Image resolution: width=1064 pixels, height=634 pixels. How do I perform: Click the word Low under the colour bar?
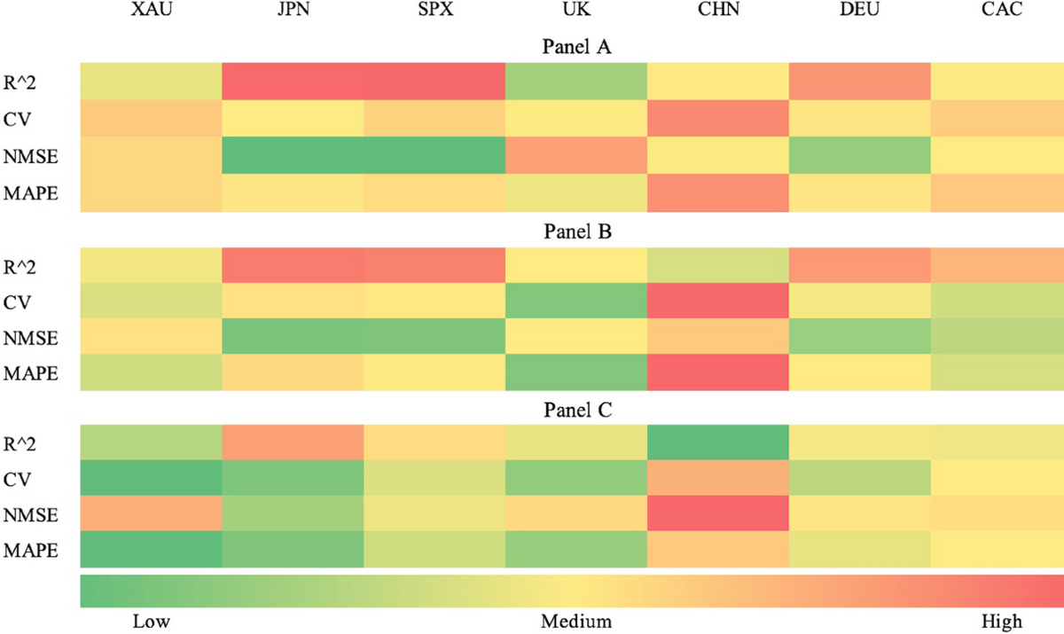click(151, 621)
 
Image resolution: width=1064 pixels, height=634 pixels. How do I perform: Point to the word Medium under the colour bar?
click(576, 621)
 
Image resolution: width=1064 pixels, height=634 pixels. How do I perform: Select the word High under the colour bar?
click(1001, 621)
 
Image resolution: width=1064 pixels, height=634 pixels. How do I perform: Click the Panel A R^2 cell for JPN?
click(293, 82)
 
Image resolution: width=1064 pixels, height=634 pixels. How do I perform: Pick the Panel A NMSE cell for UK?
click(576, 156)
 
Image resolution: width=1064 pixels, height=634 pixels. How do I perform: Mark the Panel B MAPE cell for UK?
click(576, 372)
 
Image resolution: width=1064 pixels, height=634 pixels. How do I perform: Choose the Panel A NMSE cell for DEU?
click(859, 156)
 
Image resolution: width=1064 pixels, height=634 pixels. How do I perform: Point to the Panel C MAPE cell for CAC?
click(997, 550)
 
